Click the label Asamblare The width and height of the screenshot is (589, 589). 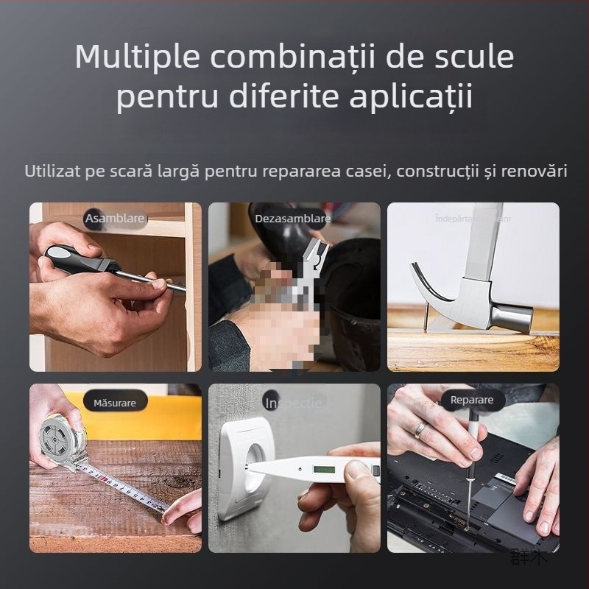pos(115,219)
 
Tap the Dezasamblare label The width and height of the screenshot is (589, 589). pos(292,219)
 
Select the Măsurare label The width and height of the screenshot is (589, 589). pos(115,403)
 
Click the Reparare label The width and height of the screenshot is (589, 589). pos(472,401)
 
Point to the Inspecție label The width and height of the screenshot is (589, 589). pos(293,403)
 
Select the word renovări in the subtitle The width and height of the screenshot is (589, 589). pos(535,172)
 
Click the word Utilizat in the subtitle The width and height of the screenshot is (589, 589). pos(50,172)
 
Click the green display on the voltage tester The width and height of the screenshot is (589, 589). pos(323,469)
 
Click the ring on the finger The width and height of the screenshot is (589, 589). pos(419,429)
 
